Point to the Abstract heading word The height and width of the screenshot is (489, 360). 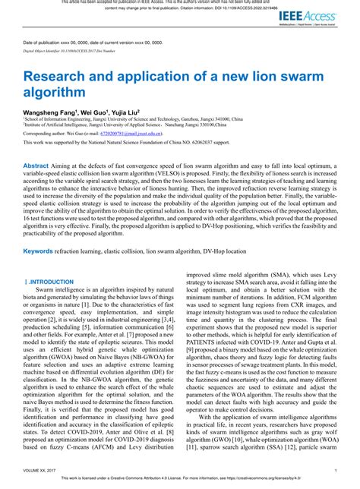pos(36,166)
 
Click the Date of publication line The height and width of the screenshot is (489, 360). pos(93,43)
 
